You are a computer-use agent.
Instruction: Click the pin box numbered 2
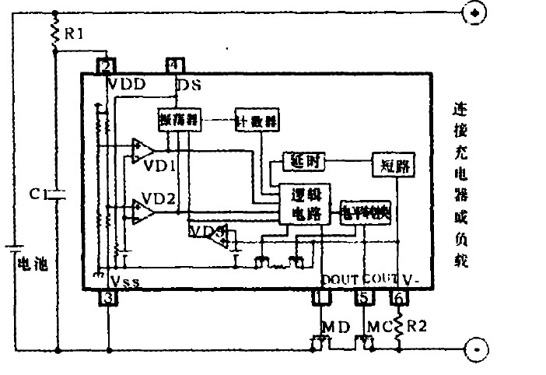tap(107, 66)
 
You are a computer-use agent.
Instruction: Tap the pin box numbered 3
tap(109, 297)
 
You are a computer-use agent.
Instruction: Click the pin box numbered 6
tap(399, 297)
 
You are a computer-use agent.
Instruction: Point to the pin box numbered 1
tap(319, 297)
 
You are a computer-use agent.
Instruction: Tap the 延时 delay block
tap(302, 162)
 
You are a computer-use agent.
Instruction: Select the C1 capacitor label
tap(38, 195)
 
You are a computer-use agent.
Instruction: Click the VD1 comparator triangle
tap(142, 152)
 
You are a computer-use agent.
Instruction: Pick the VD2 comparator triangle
tap(142, 210)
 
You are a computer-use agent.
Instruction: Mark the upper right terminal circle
tap(475, 12)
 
